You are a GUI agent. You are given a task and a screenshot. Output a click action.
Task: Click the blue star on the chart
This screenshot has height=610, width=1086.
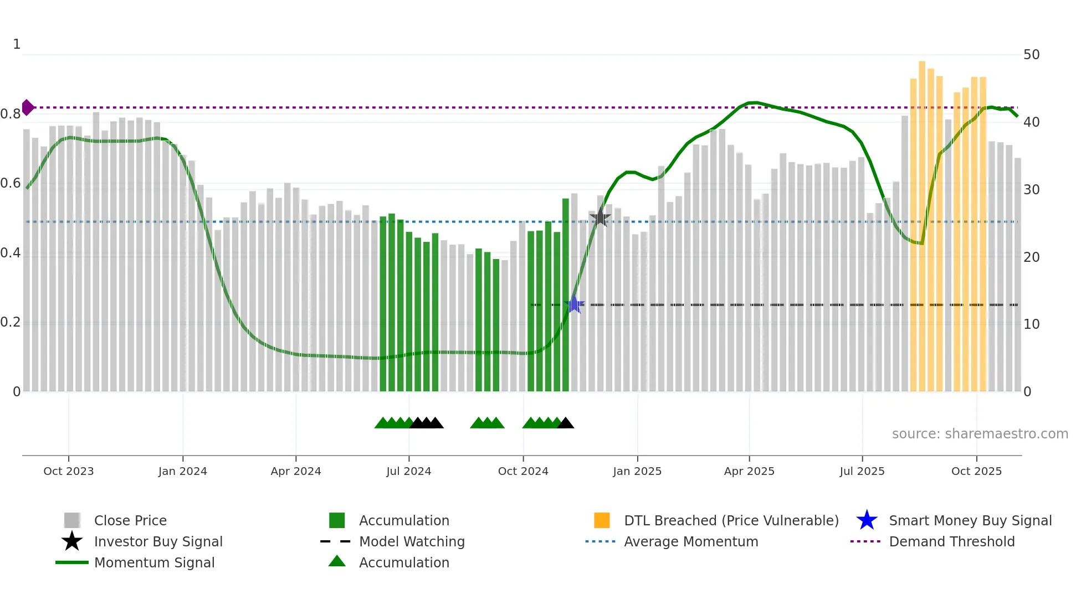click(575, 304)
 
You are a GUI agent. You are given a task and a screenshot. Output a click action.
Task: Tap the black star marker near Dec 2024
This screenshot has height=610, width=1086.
click(600, 218)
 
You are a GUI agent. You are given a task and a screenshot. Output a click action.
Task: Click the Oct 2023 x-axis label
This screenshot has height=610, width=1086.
click(69, 471)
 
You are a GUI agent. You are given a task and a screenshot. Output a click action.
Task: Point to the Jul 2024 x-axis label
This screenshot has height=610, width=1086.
click(409, 471)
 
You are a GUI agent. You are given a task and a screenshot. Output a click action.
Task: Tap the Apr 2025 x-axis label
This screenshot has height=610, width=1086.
click(749, 471)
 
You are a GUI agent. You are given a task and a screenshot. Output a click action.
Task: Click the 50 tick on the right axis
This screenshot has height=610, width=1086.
click(1031, 55)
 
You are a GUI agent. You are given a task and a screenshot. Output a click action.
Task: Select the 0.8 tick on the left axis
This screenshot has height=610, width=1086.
click(11, 114)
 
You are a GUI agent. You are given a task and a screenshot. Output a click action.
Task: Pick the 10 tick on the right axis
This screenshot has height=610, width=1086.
click(1031, 324)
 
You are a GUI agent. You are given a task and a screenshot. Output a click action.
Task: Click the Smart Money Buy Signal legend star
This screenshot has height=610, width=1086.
click(867, 520)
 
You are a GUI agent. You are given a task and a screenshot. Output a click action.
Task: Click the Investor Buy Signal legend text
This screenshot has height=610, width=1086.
click(158, 541)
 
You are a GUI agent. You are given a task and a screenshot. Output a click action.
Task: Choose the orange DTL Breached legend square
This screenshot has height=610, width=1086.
click(602, 520)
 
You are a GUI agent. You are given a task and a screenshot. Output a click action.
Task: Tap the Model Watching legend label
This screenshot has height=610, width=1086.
click(412, 541)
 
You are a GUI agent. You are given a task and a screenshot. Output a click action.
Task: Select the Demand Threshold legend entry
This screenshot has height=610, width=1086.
click(951, 541)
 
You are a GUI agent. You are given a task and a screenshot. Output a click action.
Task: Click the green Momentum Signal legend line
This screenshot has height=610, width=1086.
click(72, 562)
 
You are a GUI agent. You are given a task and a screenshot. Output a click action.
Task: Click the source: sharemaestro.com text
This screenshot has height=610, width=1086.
click(980, 434)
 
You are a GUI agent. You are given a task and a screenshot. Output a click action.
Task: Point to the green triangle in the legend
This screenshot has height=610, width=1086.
click(337, 561)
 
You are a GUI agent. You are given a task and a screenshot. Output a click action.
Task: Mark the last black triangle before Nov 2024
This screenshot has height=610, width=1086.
click(566, 423)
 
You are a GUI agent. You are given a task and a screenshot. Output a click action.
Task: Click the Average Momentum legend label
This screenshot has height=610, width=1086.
click(691, 541)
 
